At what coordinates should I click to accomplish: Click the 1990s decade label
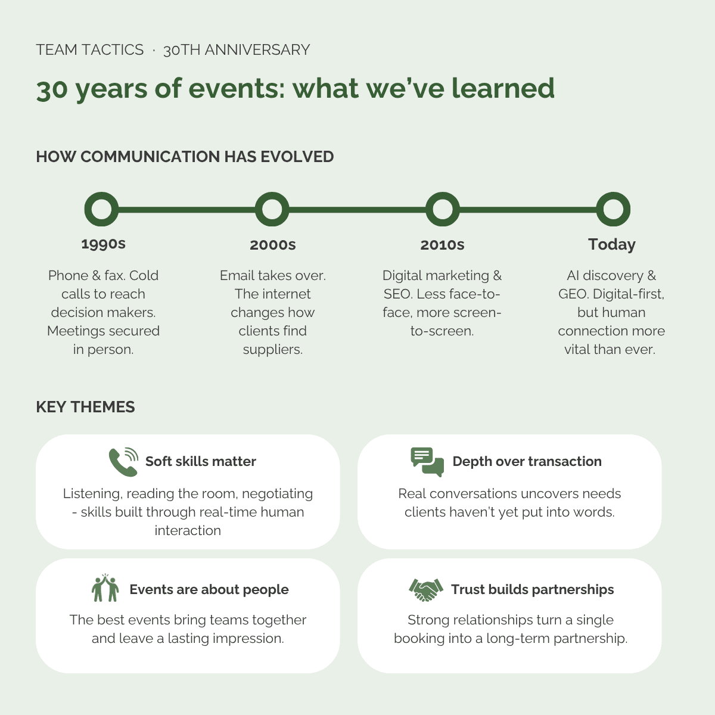(104, 244)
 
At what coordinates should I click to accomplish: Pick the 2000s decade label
(273, 244)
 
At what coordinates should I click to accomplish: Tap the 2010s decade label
(442, 244)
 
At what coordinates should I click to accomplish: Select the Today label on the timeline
(612, 244)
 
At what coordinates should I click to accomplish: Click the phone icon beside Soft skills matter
(123, 462)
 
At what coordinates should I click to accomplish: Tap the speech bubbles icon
(427, 462)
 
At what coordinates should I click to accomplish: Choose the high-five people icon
(105, 587)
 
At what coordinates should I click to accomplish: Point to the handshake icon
(426, 590)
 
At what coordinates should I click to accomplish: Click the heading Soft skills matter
(201, 461)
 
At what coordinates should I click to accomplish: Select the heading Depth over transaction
(527, 461)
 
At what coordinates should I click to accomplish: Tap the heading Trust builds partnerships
(533, 590)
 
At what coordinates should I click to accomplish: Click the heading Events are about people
(209, 590)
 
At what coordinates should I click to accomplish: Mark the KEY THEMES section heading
(85, 407)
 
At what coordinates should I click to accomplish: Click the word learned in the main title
(503, 88)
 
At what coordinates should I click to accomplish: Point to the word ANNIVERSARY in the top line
(257, 49)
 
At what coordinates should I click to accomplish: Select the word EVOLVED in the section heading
(297, 157)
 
